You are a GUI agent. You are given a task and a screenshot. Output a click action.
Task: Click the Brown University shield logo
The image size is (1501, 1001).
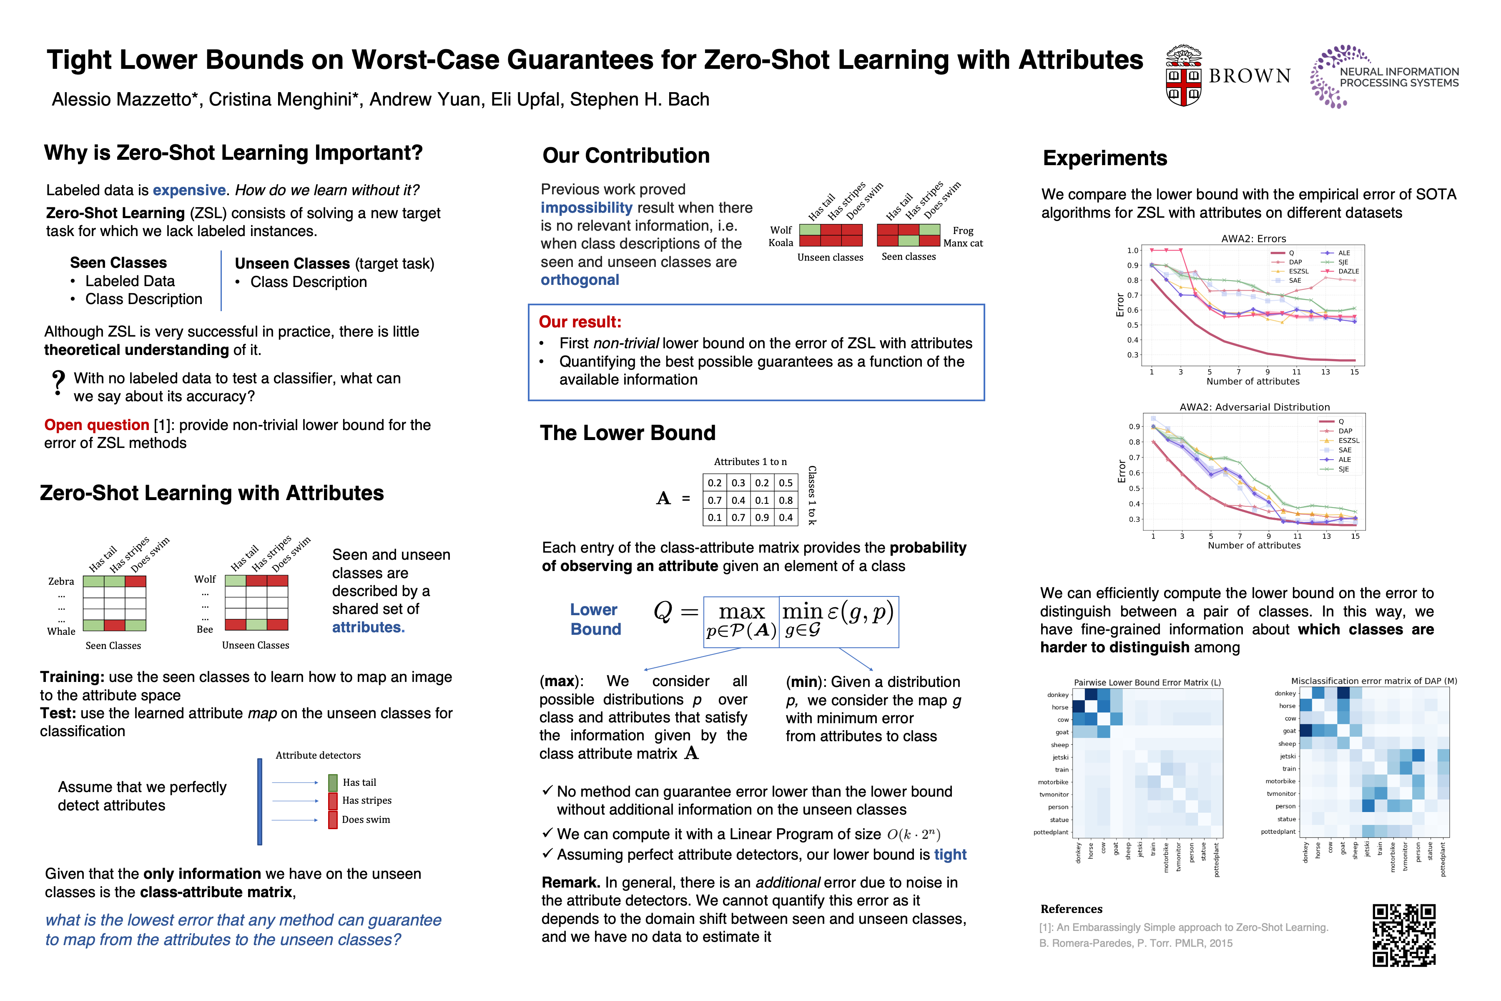(1184, 77)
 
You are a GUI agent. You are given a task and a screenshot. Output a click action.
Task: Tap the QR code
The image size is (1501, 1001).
(1404, 935)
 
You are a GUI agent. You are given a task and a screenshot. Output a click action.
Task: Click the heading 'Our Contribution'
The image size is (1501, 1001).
(625, 156)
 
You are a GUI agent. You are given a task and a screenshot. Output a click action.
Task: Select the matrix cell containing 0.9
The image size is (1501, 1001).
(762, 518)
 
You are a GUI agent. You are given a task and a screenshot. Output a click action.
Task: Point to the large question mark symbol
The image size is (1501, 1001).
(58, 383)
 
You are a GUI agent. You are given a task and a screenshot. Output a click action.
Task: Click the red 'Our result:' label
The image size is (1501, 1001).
(580, 322)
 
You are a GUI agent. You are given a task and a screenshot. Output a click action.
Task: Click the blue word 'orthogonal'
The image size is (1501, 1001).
(580, 280)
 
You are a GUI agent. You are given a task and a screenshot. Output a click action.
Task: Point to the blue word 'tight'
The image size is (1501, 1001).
(950, 855)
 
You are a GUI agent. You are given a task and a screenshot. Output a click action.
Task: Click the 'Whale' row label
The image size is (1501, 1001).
(61, 631)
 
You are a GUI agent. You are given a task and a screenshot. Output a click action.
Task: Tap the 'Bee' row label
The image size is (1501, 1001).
(205, 629)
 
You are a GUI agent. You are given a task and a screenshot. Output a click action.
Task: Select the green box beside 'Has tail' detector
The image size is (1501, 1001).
(332, 782)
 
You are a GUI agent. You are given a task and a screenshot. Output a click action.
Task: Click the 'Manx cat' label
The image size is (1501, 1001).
(963, 243)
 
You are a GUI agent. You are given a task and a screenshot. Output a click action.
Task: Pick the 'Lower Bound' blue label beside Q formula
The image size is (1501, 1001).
(595, 619)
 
